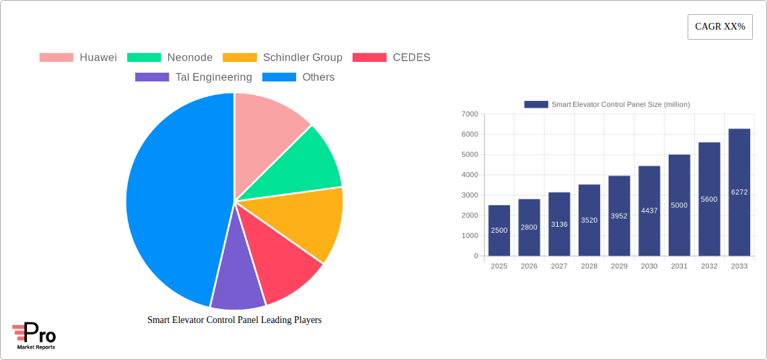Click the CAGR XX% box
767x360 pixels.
pyautogui.click(x=719, y=27)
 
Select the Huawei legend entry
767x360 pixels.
pyautogui.click(x=78, y=58)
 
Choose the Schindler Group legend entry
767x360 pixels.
pyautogui.click(x=283, y=58)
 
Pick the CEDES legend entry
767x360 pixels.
pyautogui.click(x=392, y=58)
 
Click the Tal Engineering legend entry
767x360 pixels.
pyautogui.click(x=194, y=77)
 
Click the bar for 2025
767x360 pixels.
pyautogui.click(x=499, y=231)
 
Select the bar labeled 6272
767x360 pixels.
pyautogui.click(x=739, y=192)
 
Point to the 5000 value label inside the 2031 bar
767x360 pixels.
pyautogui.click(x=679, y=205)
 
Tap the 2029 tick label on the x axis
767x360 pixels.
pyautogui.click(x=619, y=266)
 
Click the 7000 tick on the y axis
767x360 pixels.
pyautogui.click(x=470, y=114)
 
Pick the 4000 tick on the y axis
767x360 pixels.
pyautogui.click(x=470, y=175)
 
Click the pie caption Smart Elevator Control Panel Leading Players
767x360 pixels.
pyautogui.click(x=234, y=320)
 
